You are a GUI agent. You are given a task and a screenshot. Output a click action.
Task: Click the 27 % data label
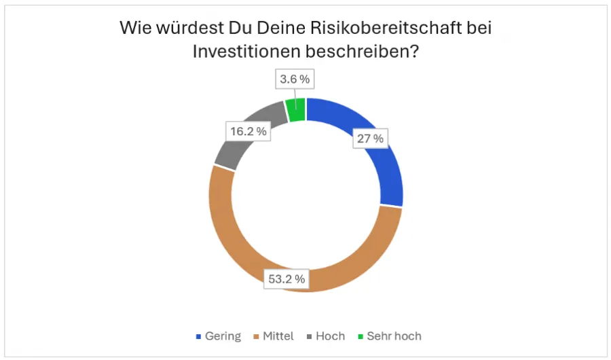(369, 139)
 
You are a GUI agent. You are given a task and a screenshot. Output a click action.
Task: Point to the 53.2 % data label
(286, 278)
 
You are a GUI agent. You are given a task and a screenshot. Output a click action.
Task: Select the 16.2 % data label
(247, 130)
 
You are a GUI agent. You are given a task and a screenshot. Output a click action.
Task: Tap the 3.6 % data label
(295, 79)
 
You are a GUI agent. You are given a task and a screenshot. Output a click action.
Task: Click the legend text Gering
(223, 336)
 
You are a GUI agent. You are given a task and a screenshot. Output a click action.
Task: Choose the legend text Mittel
(278, 336)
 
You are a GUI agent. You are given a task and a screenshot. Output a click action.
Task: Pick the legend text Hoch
(331, 336)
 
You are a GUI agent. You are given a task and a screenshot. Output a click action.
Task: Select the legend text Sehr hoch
(394, 336)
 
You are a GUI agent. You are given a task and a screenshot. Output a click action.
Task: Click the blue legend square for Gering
(198, 337)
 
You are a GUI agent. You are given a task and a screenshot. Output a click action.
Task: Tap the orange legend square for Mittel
(257, 337)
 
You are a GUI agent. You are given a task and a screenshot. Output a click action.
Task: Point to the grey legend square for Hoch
(310, 337)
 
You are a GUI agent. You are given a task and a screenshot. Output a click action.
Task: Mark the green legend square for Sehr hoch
(360, 337)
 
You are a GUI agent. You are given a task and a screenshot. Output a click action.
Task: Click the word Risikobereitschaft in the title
(366, 29)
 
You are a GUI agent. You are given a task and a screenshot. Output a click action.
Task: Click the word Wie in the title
(134, 29)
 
